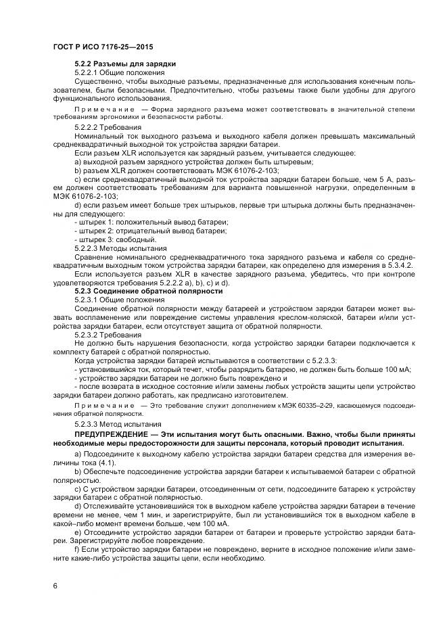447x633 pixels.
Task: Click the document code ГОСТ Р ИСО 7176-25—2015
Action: [101, 47]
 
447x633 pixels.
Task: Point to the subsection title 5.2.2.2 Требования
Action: [108, 127]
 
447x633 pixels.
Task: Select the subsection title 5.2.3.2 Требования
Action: [108, 334]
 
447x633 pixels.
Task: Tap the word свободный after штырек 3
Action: [136, 240]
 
